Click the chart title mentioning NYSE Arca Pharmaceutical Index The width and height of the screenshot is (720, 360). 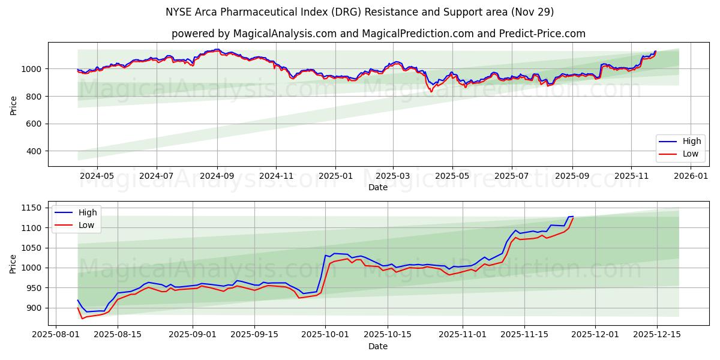tap(360, 12)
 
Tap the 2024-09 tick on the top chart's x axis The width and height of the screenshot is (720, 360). tap(217, 176)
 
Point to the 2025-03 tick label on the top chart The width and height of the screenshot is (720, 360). tap(393, 176)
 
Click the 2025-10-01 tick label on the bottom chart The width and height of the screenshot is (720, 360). tap(325, 335)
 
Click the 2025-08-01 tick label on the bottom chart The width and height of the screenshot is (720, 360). tap(56, 335)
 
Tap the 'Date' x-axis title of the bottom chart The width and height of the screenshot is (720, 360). tap(378, 346)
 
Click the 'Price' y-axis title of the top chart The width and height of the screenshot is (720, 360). tap(14, 105)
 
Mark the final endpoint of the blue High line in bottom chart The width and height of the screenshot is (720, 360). tap(573, 217)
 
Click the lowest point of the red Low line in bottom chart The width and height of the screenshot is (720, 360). tap(82, 318)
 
